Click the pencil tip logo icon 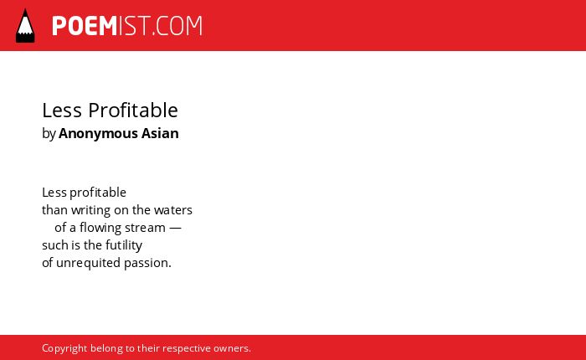click(25, 25)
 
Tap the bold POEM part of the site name click(85, 26)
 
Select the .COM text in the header click(177, 26)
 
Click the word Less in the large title click(62, 111)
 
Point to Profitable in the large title click(133, 111)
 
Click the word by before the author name click(49, 134)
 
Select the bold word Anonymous click(98, 134)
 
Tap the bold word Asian click(160, 133)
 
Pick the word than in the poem click(54, 210)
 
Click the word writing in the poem click(90, 211)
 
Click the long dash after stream click(175, 228)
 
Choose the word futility click(124, 246)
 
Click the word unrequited click(88, 264)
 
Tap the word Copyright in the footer click(64, 349)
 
